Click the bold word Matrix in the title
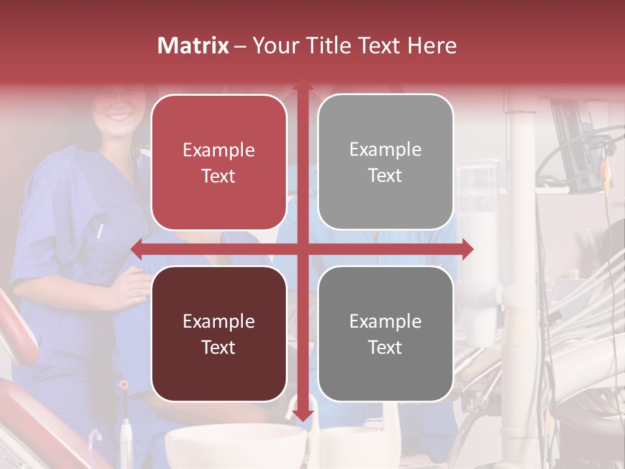pos(193,46)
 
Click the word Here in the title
pos(432,46)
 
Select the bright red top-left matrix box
pos(219,162)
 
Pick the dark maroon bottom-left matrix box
pos(219,334)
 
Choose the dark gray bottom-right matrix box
pos(385,334)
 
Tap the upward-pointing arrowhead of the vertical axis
pos(302,85)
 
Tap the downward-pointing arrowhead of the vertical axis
pos(302,415)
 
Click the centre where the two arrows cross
pos(302,249)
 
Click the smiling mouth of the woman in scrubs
pos(119,117)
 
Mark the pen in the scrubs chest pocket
pos(100,230)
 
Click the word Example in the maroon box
pos(219,321)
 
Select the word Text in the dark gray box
pos(385,347)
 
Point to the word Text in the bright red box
pos(219,176)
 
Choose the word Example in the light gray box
pos(385,149)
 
